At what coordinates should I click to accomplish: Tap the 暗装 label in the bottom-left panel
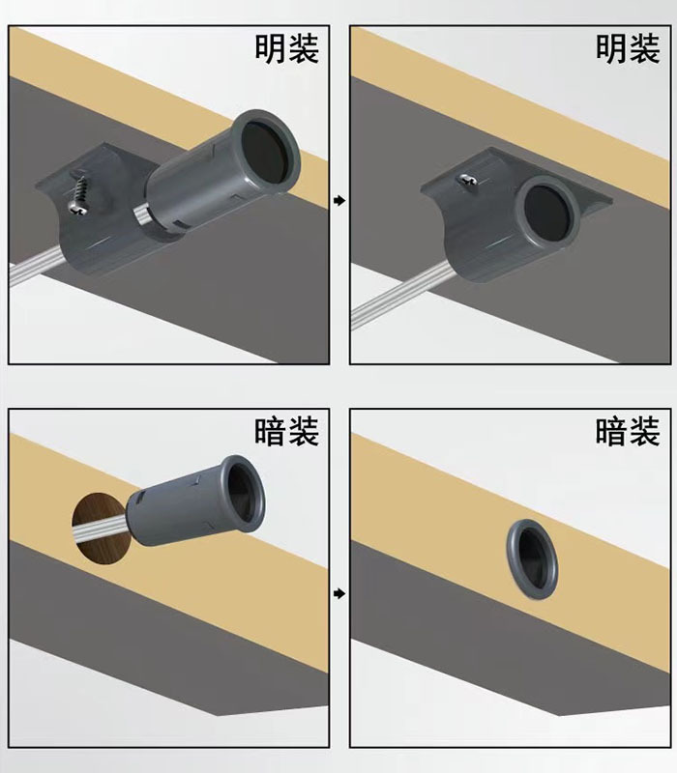coord(286,431)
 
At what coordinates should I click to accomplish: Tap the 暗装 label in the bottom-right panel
coord(628,431)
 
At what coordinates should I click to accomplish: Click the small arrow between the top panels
coord(339,201)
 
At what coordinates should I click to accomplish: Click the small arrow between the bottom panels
coord(339,592)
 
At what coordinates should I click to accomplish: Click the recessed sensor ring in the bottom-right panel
coord(528,560)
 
